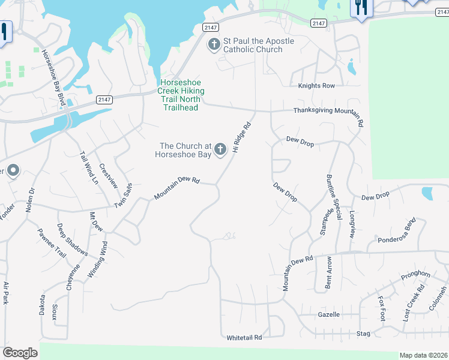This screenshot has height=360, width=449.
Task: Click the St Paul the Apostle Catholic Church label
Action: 259,45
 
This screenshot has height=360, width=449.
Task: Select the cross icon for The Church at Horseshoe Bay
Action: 220,149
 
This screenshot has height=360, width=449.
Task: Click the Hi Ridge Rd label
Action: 241,137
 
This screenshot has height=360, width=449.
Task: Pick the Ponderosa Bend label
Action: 397,233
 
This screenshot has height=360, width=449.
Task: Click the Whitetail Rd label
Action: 244,338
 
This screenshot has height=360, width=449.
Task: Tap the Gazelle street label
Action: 328,314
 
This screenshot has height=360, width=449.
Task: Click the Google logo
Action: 20,353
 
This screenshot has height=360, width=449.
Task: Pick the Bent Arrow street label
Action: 329,272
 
